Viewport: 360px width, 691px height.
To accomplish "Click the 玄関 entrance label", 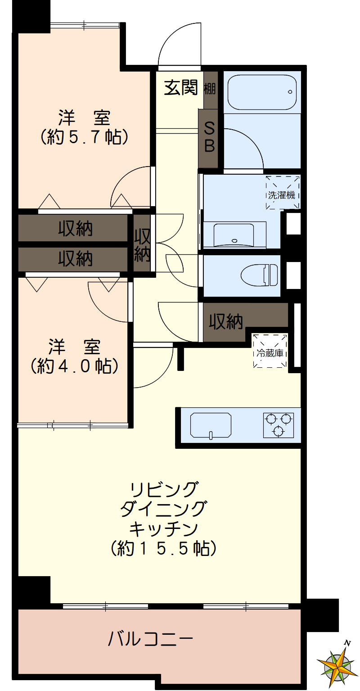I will tap(180, 88).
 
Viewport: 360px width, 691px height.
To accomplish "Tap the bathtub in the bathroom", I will tap(261, 92).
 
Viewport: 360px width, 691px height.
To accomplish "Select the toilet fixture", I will tap(261, 274).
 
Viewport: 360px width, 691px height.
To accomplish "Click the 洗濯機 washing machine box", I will tap(282, 193).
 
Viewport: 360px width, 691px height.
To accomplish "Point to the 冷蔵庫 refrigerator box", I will tap(270, 351).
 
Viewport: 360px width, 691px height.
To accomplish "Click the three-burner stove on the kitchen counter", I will tap(278, 425).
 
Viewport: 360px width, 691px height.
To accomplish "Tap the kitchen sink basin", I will tap(211, 425).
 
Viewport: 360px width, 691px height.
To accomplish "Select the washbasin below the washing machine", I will tap(234, 234).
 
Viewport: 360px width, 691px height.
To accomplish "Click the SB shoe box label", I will tap(210, 137).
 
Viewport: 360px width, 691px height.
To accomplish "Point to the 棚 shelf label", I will tap(210, 89).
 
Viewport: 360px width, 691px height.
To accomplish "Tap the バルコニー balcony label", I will tap(150, 638).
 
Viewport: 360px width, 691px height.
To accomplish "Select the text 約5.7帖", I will tap(84, 136).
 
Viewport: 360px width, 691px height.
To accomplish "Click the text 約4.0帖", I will tap(74, 365).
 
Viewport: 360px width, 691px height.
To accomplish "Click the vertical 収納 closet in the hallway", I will tap(142, 245).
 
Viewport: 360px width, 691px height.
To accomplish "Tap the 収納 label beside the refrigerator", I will tap(225, 321).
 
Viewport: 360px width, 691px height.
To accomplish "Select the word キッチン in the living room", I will tap(164, 528).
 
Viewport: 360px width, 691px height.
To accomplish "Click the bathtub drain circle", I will tap(290, 92).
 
